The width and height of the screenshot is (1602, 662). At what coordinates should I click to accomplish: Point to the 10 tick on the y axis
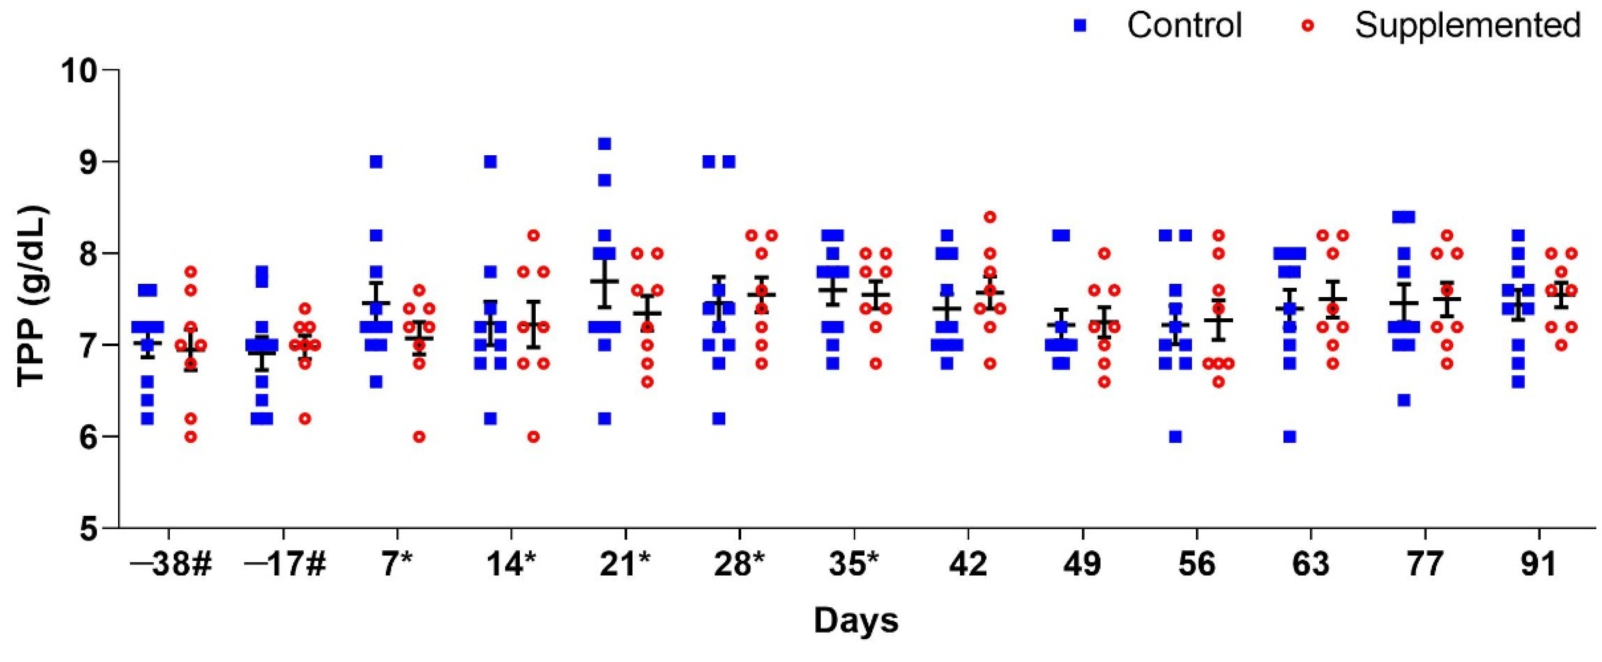[x=87, y=70]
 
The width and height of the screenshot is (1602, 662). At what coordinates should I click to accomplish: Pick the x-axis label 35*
[x=855, y=565]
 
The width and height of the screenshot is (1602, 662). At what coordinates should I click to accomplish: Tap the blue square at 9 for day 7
[x=376, y=162]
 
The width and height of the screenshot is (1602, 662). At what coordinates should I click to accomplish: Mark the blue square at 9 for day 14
[x=490, y=162]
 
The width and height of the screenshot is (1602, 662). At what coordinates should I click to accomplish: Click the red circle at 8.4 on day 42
[x=990, y=217]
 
